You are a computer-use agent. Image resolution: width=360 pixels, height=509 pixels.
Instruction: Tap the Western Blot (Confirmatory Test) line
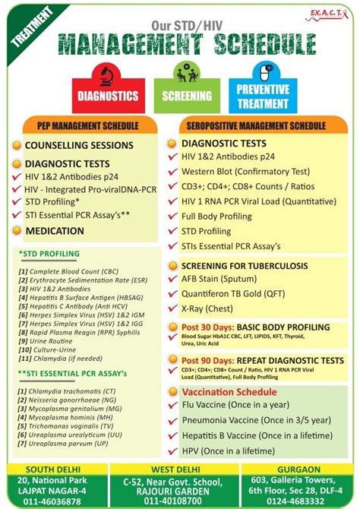(246, 171)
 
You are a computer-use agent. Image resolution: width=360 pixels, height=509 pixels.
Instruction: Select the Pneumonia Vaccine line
(255, 419)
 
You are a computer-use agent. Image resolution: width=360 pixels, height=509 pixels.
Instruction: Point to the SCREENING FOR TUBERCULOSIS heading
(244, 266)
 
